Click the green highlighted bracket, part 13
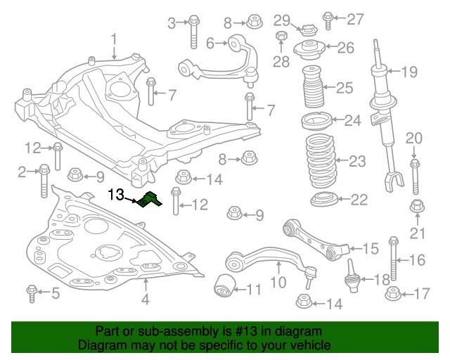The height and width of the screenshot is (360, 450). pyautogui.click(x=149, y=201)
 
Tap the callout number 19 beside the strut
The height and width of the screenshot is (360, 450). pyautogui.click(x=409, y=71)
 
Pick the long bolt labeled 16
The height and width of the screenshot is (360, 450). pyautogui.click(x=394, y=259)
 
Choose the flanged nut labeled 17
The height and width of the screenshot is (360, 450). pyautogui.click(x=392, y=293)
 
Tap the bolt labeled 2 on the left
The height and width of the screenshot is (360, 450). pyautogui.click(x=44, y=179)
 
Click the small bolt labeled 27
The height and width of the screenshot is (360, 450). pyautogui.click(x=328, y=18)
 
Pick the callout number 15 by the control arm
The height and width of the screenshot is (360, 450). pyautogui.click(x=370, y=247)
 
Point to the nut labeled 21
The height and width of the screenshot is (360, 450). pyautogui.click(x=415, y=207)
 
